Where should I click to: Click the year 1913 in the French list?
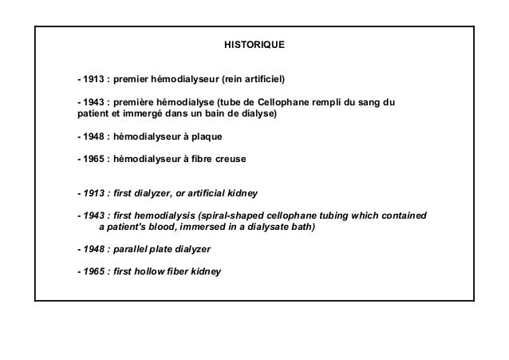[91, 80]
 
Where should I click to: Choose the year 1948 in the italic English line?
[91, 248]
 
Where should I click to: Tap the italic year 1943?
[91, 216]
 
